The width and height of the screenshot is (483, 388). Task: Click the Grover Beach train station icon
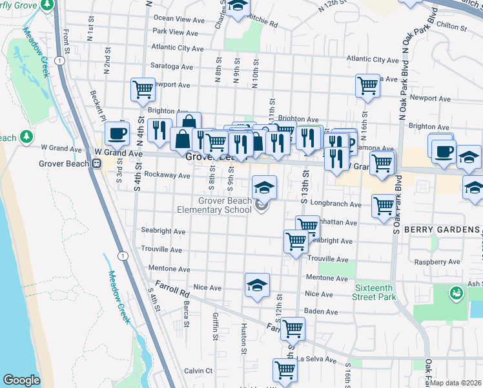(96, 164)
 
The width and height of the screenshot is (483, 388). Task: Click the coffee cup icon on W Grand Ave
(117, 134)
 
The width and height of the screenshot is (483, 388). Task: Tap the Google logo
(21, 380)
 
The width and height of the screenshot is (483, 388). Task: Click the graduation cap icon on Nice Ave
(257, 285)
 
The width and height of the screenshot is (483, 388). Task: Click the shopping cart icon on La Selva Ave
(284, 371)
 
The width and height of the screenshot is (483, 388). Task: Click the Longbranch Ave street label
(335, 204)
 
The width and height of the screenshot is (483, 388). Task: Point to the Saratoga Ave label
(172, 67)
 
